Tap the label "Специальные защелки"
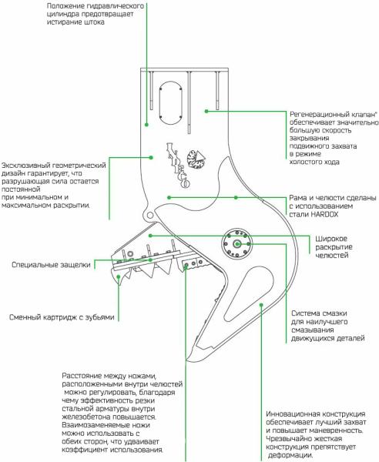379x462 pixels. [x=51, y=265]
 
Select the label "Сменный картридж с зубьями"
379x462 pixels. [x=62, y=317]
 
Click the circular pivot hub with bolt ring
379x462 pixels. [x=237, y=244]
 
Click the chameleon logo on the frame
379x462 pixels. [x=196, y=159]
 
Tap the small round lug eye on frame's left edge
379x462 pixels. [x=150, y=215]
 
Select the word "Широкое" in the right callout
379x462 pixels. [x=331, y=239]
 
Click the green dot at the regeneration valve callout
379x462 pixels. [x=206, y=111]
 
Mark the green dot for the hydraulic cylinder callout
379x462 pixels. [x=146, y=125]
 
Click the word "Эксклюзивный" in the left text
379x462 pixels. [x=25, y=166]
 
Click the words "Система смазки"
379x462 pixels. [x=319, y=313]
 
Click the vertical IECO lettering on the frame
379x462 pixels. [x=178, y=166]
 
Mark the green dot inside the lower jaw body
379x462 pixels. [x=261, y=305]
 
